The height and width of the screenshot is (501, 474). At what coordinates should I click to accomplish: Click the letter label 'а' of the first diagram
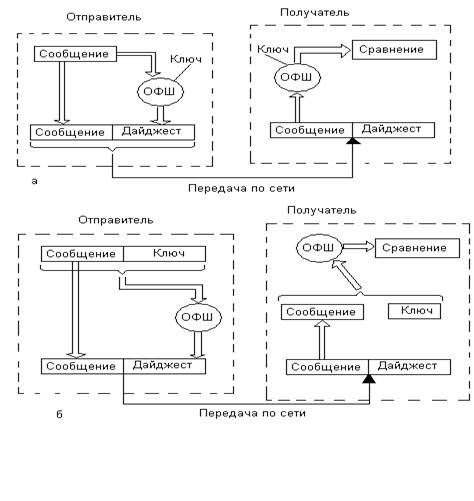coord(34,181)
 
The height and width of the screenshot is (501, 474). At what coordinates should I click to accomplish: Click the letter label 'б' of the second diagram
coord(59,414)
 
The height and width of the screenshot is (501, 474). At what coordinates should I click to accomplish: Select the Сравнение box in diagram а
coord(394,50)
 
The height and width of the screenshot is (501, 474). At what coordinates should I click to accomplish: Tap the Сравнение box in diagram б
coord(417,248)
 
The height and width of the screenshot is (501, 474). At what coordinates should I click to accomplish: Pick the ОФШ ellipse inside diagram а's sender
coord(161,92)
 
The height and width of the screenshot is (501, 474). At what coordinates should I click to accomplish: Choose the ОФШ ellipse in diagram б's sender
coord(198,317)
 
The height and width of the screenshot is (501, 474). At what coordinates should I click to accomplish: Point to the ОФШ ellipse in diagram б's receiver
coord(319,248)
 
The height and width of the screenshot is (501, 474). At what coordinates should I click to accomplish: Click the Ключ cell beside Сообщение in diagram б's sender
coord(164,254)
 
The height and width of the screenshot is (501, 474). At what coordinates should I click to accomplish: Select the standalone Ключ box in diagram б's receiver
coord(414,311)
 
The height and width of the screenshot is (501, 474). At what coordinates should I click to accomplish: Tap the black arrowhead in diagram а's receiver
coord(353,141)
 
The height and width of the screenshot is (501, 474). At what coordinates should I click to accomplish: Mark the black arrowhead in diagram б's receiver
coord(369,379)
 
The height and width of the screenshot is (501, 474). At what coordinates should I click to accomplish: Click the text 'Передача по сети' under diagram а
coord(241,188)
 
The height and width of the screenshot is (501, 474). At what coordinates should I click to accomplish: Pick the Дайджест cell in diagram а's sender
coord(154,132)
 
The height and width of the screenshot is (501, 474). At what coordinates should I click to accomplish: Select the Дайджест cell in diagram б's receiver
coord(410,367)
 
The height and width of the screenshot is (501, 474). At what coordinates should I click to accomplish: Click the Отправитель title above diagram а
coord(104,17)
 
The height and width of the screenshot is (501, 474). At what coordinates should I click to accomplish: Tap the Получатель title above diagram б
coord(322,210)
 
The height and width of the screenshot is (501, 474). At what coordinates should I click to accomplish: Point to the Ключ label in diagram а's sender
coord(186,59)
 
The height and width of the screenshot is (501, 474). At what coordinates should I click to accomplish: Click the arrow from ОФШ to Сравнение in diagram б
coord(359,247)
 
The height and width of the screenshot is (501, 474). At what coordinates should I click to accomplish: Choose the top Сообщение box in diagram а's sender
coord(75,54)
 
